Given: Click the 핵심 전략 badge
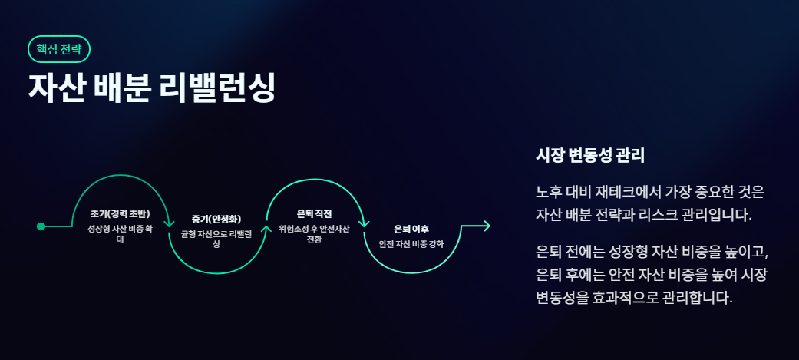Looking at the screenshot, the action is pyautogui.click(x=59, y=49).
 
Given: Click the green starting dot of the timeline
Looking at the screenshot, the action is pyautogui.click(x=41, y=226).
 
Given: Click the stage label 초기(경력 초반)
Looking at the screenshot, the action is pyautogui.click(x=120, y=213).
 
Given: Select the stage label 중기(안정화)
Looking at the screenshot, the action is pyautogui.click(x=216, y=220).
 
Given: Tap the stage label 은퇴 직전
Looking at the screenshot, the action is pyautogui.click(x=313, y=213).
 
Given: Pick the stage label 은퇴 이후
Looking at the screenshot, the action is pyautogui.click(x=411, y=229).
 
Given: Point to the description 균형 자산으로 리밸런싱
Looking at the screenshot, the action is pyautogui.click(x=216, y=238).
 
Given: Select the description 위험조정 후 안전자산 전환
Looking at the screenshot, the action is pyautogui.click(x=313, y=233).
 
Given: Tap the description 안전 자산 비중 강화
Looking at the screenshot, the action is pyautogui.click(x=411, y=244).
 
